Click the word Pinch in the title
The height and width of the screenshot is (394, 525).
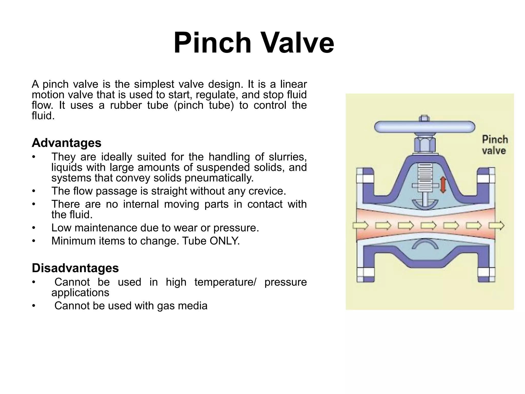pos(212,43)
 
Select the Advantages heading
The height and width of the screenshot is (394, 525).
pos(66,143)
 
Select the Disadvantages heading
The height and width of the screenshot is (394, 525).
pos(75,268)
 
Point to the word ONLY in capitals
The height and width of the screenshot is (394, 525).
pos(224,241)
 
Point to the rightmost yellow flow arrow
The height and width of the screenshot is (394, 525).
pos(496,226)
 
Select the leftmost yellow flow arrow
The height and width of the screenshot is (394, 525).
pos(360,226)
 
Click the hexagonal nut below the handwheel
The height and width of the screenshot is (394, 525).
pos(425,145)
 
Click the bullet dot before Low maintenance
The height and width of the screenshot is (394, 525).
pos(33,228)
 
